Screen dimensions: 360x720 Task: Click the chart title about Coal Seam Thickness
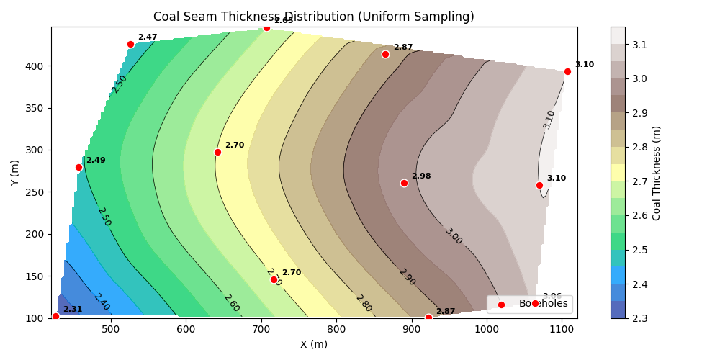[x=314, y=17]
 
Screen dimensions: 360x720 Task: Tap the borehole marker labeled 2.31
[x=55, y=316]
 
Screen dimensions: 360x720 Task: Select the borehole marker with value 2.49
[x=78, y=167]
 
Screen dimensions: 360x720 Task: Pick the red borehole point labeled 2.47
[x=130, y=44]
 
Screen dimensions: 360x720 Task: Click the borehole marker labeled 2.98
[x=404, y=183]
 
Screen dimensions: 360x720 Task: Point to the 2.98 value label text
[x=421, y=176]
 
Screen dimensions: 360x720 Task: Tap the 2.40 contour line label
[x=102, y=302]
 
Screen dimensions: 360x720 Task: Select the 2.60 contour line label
[x=231, y=303]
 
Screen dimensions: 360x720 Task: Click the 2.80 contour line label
[x=364, y=303]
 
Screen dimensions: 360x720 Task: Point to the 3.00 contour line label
[x=453, y=236]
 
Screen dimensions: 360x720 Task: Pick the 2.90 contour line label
[x=407, y=276]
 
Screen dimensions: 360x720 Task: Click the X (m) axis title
[x=314, y=344]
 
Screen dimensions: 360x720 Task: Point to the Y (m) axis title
[x=15, y=173]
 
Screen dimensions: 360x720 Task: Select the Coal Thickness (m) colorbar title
[x=656, y=173]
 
